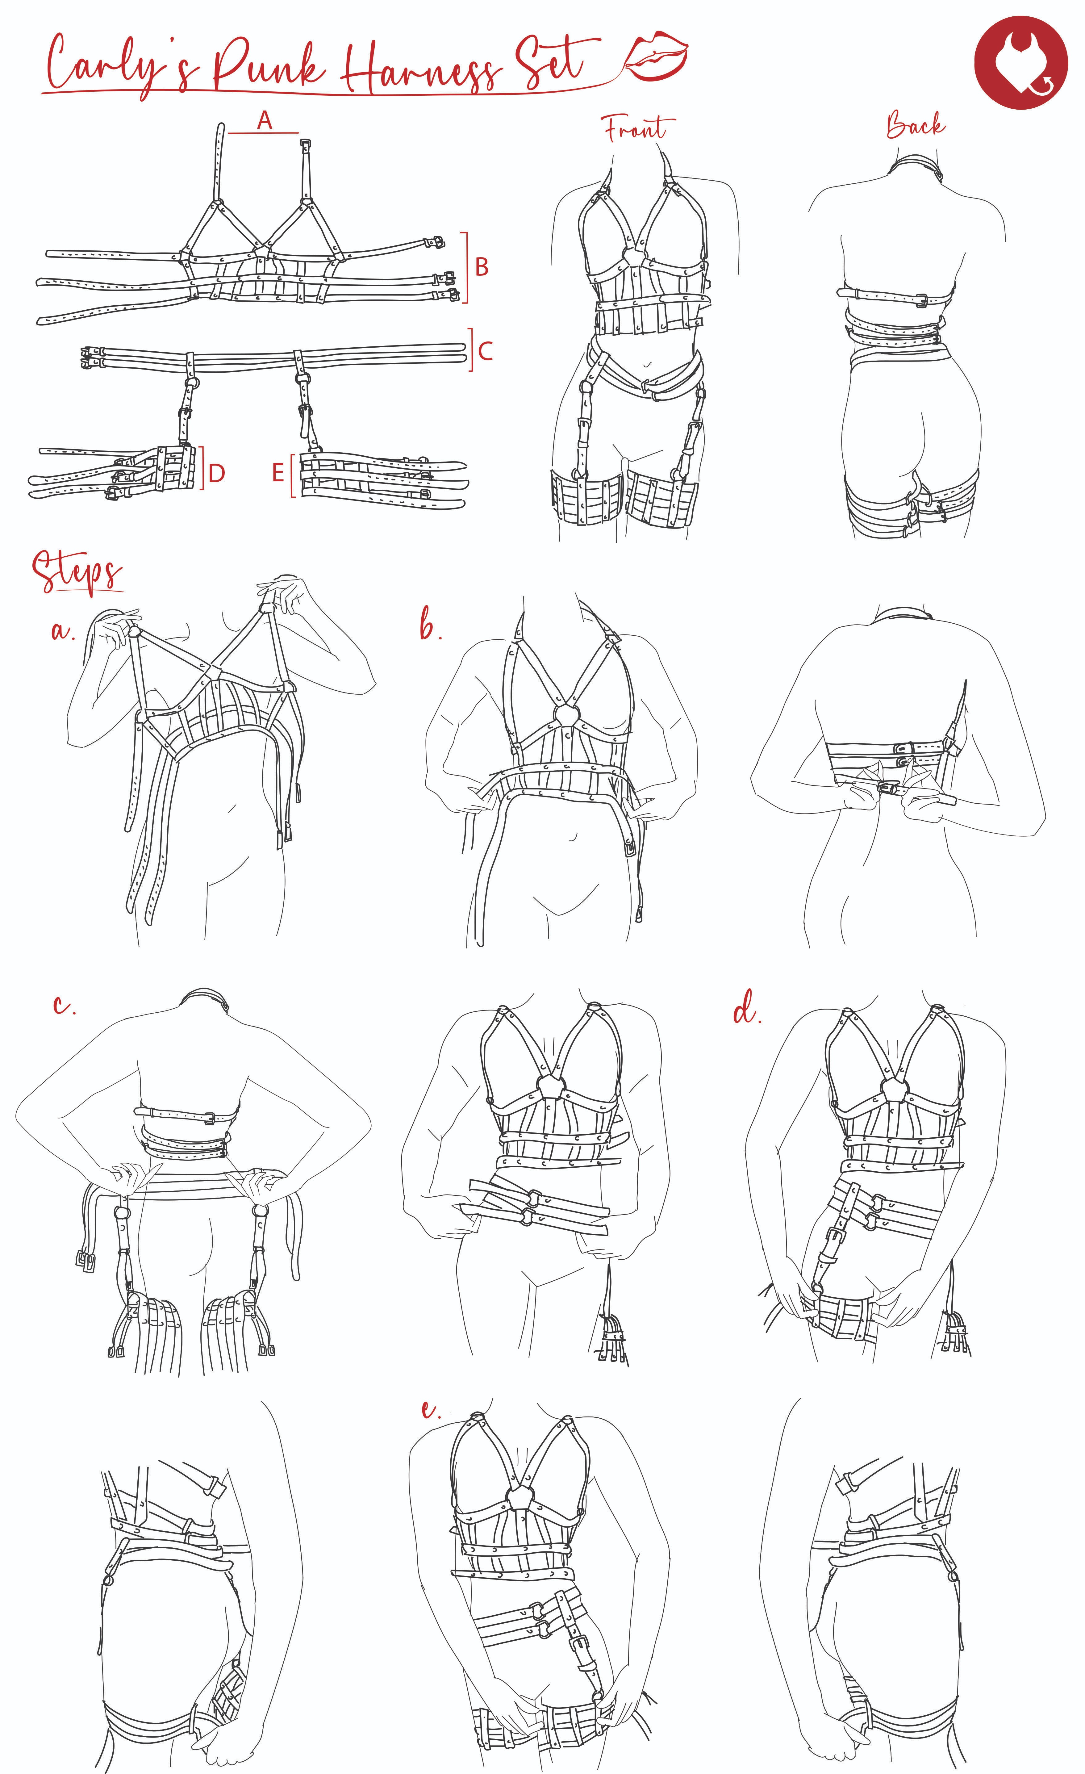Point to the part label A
265,120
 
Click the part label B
482,267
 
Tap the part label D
217,473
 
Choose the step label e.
431,1409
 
